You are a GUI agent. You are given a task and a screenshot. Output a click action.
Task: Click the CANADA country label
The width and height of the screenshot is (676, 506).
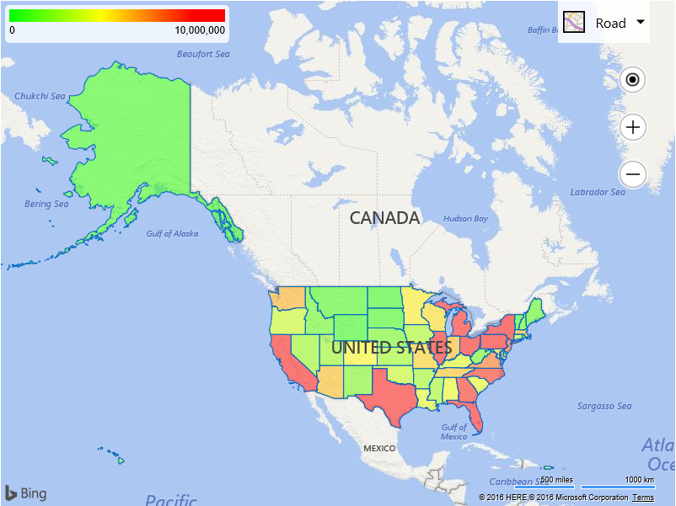[x=384, y=218]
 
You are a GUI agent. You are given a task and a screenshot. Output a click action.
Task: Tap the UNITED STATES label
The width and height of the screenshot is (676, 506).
[x=391, y=347]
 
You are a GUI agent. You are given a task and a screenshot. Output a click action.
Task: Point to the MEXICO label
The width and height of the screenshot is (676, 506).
[x=378, y=449]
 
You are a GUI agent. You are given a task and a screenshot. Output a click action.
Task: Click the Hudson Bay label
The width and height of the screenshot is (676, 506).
[x=465, y=219]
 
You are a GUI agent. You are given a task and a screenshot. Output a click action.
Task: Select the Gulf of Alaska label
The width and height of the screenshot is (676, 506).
[x=172, y=233]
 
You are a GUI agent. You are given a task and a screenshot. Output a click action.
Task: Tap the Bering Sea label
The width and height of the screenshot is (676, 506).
[x=46, y=204]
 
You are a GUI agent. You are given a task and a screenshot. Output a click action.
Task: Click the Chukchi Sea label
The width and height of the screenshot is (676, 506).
[x=40, y=96]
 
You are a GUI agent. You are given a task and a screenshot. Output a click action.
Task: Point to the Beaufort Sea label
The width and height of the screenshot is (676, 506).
[x=202, y=54]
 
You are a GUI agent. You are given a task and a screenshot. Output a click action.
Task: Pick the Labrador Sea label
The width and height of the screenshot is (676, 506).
[x=598, y=192]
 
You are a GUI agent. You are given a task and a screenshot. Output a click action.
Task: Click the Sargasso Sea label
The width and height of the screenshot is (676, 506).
[x=604, y=406]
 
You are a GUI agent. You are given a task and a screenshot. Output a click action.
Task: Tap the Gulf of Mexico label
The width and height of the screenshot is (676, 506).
[x=453, y=431]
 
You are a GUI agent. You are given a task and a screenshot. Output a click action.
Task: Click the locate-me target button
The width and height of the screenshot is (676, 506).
[x=632, y=80]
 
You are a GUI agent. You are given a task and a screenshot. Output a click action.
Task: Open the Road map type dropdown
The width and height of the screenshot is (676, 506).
[x=604, y=23]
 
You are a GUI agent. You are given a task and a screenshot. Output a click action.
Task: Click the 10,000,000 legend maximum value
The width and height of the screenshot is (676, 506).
[x=200, y=30]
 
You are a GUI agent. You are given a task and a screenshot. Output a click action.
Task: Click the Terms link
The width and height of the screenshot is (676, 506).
[x=643, y=498]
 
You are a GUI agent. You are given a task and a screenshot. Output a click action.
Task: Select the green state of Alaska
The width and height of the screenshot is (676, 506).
[x=135, y=143]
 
